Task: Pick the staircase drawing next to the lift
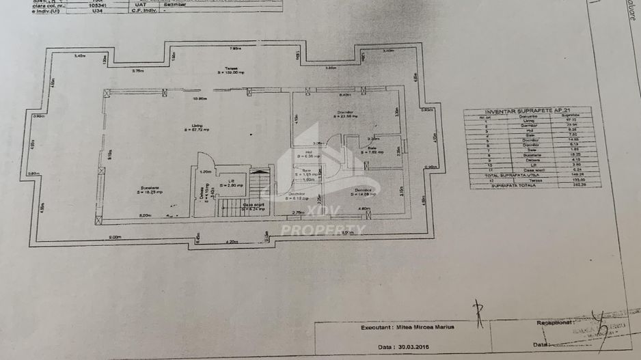[x=258, y=192]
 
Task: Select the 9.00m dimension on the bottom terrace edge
[x=114, y=237]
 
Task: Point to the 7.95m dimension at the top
[x=234, y=49]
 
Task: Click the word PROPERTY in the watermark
[x=323, y=230]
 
